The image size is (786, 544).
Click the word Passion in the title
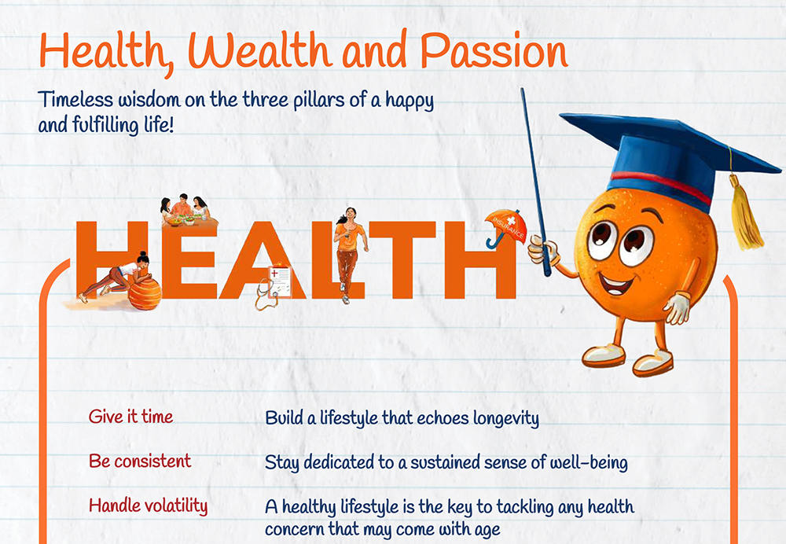tap(494, 51)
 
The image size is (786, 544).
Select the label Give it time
tap(130, 416)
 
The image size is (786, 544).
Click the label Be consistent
tap(140, 461)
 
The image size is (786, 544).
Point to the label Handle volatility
tap(149, 506)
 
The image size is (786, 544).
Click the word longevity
tap(506, 419)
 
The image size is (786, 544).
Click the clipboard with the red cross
tap(280, 281)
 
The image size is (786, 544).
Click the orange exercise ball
tap(145, 294)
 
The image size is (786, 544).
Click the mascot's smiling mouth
tap(616, 285)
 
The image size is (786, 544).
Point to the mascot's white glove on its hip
tap(678, 307)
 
